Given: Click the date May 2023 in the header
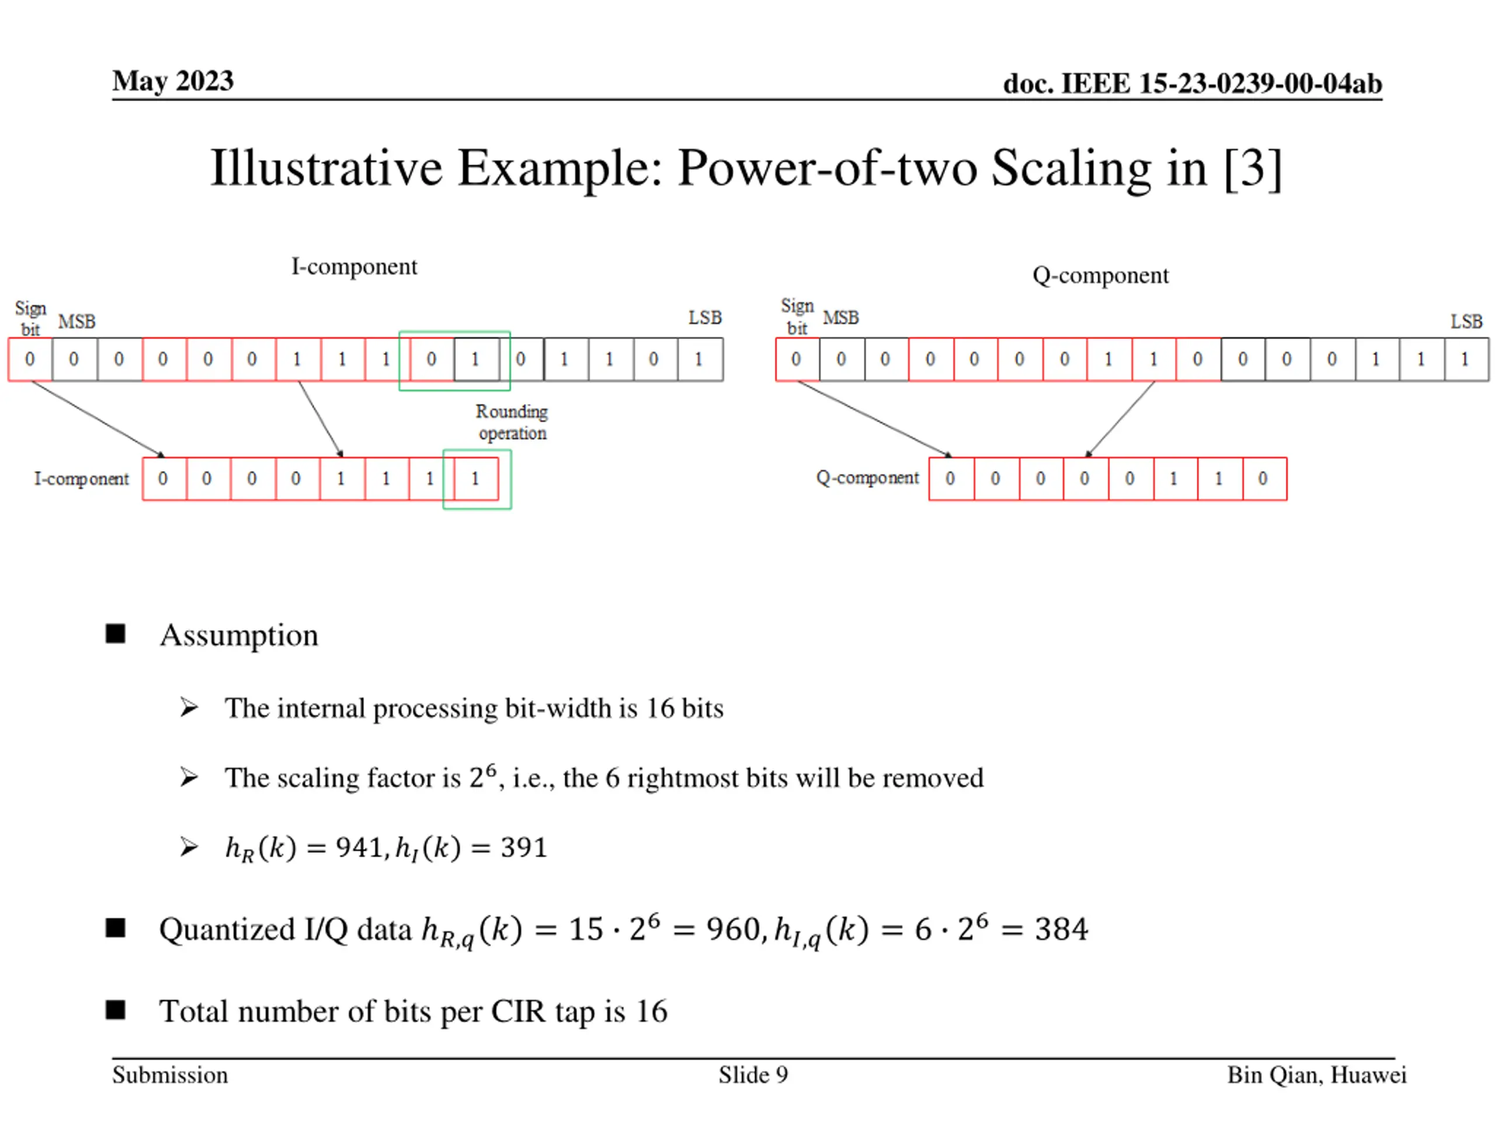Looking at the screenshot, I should [x=172, y=81].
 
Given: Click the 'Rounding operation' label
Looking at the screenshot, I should [x=512, y=422].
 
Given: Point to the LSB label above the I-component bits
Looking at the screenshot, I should [x=705, y=318].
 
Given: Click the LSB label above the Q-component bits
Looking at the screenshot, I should [x=1466, y=321].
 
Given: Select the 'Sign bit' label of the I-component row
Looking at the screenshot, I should [x=30, y=318].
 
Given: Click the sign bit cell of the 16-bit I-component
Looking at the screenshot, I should [x=30, y=360].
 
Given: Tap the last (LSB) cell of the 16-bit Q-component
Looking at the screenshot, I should [x=1465, y=360].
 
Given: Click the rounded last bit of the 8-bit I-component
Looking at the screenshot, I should [x=475, y=479].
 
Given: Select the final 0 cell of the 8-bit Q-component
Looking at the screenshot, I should [x=1263, y=479].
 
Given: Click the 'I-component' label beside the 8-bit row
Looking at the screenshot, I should [x=81, y=479].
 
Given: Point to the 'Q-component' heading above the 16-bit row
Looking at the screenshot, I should [x=1100, y=276].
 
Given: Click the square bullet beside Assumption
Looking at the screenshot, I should [x=116, y=634].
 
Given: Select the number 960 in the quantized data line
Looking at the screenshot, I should [x=735, y=929].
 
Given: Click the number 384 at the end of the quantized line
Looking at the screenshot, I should [x=1061, y=929].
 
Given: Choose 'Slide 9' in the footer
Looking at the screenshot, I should [x=753, y=1075].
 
